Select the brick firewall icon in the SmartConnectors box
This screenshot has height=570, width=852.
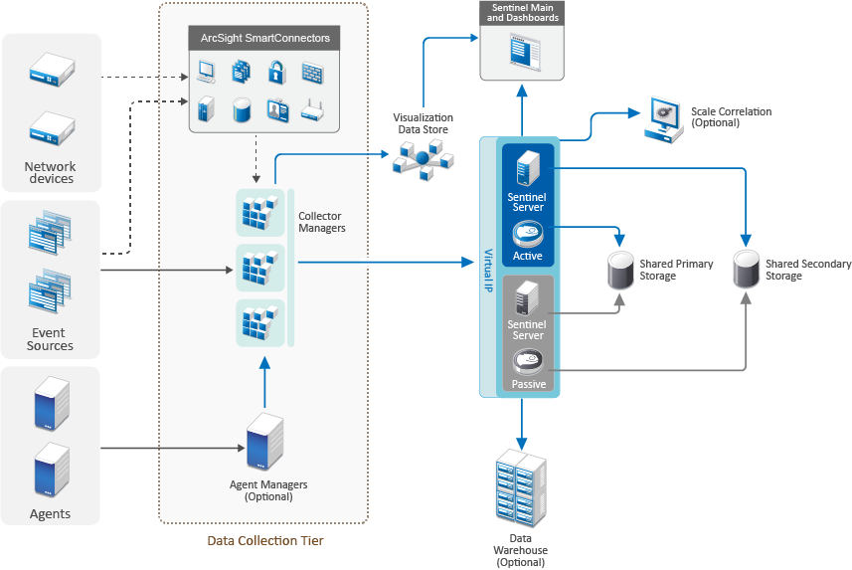click(312, 73)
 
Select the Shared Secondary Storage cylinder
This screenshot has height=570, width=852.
click(747, 270)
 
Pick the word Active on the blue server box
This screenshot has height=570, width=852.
click(528, 256)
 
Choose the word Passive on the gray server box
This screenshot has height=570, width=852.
click(528, 384)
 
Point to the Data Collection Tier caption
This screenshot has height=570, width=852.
click(265, 541)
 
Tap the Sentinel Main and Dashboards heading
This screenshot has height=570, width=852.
click(523, 13)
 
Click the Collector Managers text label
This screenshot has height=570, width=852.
click(322, 222)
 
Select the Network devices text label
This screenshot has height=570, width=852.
click(51, 173)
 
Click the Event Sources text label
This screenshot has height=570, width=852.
click(51, 339)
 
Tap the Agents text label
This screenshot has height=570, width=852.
click(51, 514)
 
